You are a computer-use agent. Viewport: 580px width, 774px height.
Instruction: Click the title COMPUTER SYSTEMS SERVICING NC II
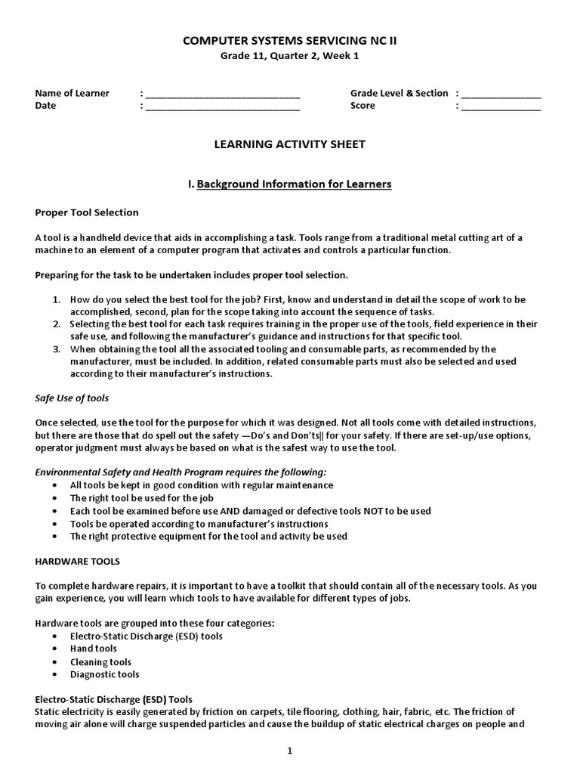coord(290,41)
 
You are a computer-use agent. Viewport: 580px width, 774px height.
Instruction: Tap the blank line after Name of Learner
coord(223,94)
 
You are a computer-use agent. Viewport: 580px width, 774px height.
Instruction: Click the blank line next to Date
coord(223,107)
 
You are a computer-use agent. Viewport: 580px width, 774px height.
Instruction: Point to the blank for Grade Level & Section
coord(501,94)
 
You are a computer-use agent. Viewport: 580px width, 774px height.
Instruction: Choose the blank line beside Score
coord(501,107)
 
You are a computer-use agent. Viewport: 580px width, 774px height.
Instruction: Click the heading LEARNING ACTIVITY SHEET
coord(290,144)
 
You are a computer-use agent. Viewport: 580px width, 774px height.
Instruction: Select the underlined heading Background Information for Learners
coord(294,184)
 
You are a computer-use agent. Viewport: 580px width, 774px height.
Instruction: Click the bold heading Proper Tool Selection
coord(87,212)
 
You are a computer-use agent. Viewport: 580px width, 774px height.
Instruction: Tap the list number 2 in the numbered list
coord(56,324)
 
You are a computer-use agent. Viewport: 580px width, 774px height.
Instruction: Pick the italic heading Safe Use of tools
coord(72,398)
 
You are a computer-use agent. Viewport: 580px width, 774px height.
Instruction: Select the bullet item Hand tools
coord(94,649)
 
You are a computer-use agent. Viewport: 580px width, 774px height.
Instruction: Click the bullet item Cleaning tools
coord(100,661)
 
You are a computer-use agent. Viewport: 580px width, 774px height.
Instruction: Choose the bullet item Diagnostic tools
coord(104,674)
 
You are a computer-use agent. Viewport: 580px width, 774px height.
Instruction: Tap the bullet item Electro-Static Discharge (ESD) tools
coord(146,636)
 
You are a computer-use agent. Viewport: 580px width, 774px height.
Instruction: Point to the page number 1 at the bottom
coord(289,751)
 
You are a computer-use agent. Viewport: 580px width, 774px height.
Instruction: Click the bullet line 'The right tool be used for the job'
coord(142,498)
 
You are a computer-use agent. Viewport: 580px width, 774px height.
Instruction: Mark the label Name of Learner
coord(72,94)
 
